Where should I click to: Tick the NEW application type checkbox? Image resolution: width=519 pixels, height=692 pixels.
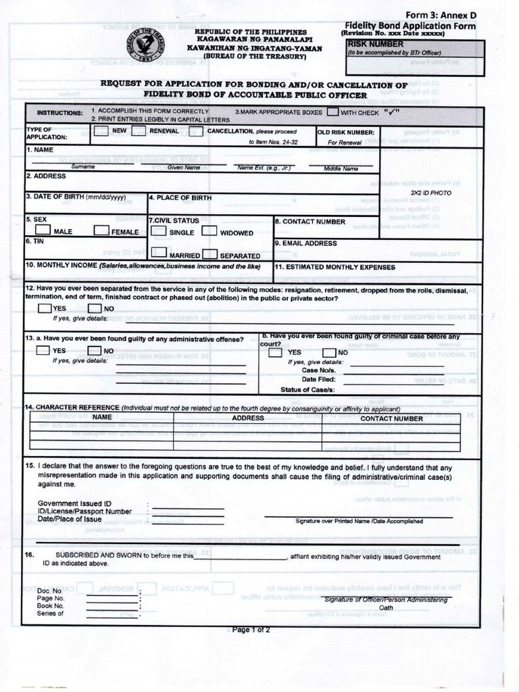pyautogui.click(x=101, y=131)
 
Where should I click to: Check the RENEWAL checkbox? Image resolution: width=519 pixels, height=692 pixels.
pyautogui.click(x=140, y=131)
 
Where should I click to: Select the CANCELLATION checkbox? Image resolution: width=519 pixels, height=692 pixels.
pyautogui.click(x=196, y=131)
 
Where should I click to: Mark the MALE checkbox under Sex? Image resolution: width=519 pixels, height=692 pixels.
pyautogui.click(x=43, y=230)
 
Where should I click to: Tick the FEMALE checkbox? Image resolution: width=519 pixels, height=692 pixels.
pyautogui.click(x=101, y=230)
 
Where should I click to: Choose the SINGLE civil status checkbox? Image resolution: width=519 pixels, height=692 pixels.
pyautogui.click(x=159, y=231)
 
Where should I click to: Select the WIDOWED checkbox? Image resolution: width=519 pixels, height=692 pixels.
pyautogui.click(x=209, y=231)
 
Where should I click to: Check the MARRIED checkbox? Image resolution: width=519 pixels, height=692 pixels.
pyautogui.click(x=159, y=253)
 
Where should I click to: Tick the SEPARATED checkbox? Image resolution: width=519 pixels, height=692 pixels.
pyautogui.click(x=209, y=254)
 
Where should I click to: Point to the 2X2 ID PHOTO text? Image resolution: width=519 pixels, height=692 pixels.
pyautogui.click(x=430, y=193)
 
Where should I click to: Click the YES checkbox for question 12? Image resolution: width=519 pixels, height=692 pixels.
pyautogui.click(x=45, y=309)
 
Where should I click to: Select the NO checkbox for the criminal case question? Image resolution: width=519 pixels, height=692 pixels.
pyautogui.click(x=329, y=352)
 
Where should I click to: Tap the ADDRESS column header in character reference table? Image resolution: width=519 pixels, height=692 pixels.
pyautogui.click(x=248, y=418)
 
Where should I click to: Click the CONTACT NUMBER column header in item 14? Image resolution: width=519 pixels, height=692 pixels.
pyautogui.click(x=391, y=418)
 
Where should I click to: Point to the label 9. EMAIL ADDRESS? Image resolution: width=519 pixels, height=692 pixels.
pyautogui.click(x=305, y=243)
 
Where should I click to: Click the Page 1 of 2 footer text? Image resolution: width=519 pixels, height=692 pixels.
pyautogui.click(x=251, y=630)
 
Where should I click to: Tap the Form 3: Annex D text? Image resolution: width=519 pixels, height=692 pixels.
pyautogui.click(x=440, y=16)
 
